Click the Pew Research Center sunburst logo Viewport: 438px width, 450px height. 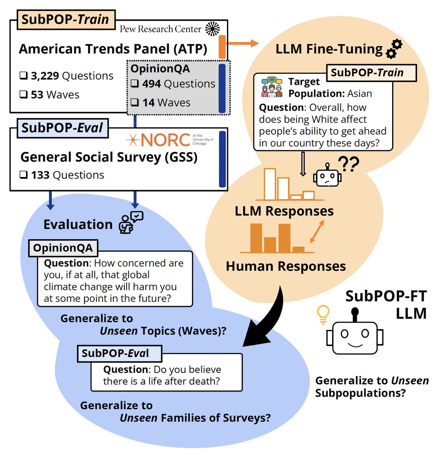click(213, 29)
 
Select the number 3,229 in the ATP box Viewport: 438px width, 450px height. click(45, 76)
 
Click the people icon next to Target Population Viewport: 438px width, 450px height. click(272, 87)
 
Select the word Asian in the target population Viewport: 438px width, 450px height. click(359, 93)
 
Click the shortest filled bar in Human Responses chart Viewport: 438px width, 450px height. click(298, 249)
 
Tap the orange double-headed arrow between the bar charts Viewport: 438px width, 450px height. click(317, 232)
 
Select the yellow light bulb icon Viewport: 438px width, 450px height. click(323, 314)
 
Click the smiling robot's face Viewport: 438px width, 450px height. click(355, 335)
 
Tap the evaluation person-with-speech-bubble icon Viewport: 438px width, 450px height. click(130, 222)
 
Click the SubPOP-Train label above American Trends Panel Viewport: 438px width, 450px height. click(65, 19)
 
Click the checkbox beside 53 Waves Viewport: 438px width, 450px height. click(23, 94)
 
